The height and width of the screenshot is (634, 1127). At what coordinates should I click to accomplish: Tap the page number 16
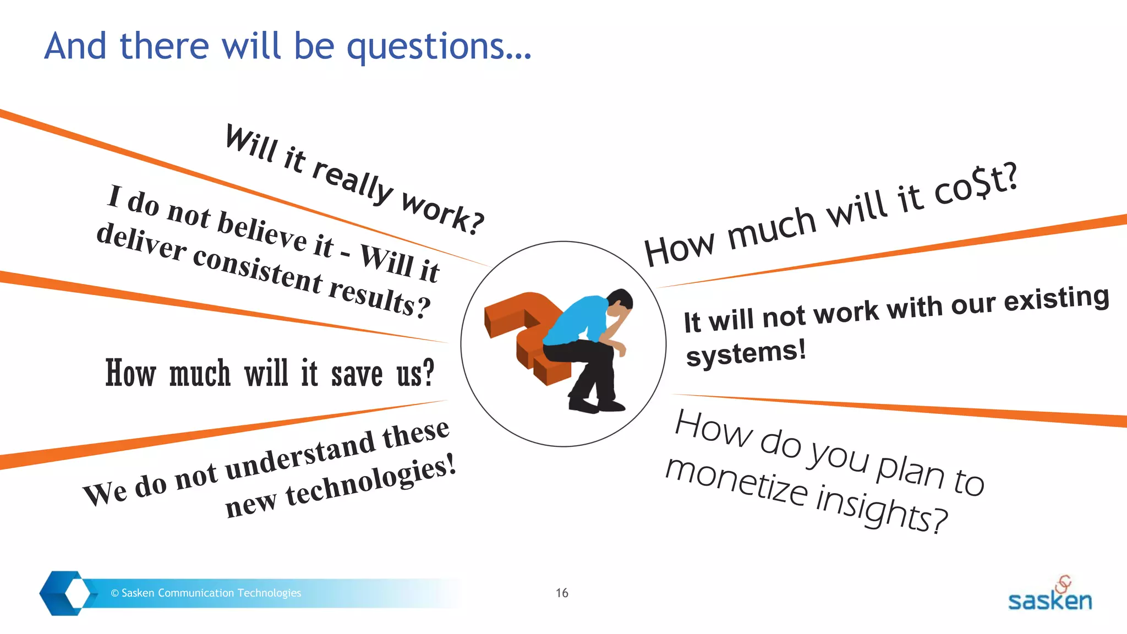pyautogui.click(x=562, y=593)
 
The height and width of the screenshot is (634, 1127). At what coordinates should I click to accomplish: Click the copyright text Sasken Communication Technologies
pyautogui.click(x=206, y=593)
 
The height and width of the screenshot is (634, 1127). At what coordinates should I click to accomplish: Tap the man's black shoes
pyautogui.click(x=597, y=406)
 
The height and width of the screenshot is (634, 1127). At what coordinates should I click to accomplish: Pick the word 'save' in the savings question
pyautogui.click(x=357, y=374)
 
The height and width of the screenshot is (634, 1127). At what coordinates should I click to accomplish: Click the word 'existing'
pyautogui.click(x=1056, y=298)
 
